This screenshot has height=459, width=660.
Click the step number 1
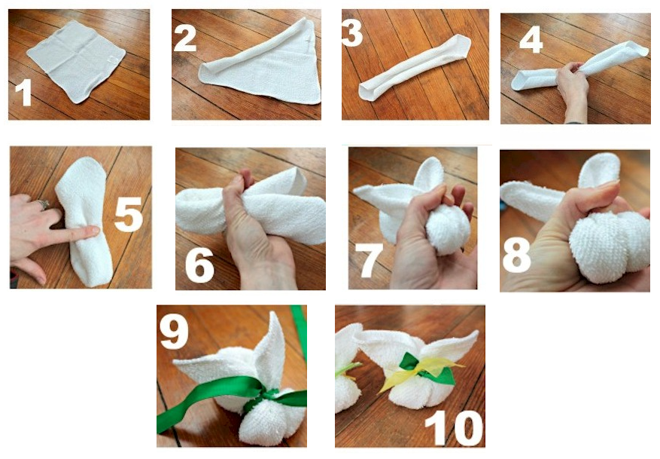click(23, 93)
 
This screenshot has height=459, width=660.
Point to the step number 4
click(531, 41)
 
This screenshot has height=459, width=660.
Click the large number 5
click(129, 216)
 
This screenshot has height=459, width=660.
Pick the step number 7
click(369, 262)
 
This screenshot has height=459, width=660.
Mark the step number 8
click(516, 255)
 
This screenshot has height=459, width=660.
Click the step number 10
click(454, 429)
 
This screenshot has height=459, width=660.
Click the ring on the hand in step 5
click(44, 204)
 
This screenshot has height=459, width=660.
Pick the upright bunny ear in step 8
click(598, 170)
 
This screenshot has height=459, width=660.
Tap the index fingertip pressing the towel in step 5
click(93, 231)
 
